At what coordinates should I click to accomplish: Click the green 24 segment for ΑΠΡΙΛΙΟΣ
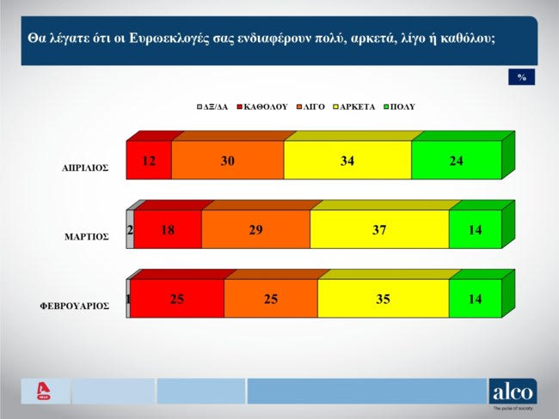pyautogui.click(x=456, y=160)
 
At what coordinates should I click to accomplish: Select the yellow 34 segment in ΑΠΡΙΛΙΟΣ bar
pyautogui.click(x=347, y=160)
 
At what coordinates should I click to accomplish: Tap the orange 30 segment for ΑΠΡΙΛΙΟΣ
pyautogui.click(x=227, y=160)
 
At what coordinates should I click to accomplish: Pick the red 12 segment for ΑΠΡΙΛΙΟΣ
pyautogui.click(x=149, y=160)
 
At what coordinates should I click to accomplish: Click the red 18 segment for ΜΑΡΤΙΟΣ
pyautogui.click(x=168, y=229)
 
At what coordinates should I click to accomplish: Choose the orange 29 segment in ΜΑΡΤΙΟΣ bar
pyautogui.click(x=255, y=229)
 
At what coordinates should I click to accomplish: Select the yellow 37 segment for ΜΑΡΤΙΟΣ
pyautogui.click(x=379, y=229)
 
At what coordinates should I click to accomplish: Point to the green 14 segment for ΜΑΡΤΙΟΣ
pyautogui.click(x=475, y=229)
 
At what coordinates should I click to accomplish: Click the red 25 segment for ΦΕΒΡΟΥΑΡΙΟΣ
pyautogui.click(x=177, y=298)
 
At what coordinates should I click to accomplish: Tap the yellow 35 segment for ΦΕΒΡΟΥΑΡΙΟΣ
pyautogui.click(x=383, y=298)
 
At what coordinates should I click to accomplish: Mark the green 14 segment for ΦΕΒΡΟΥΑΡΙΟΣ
pyautogui.click(x=475, y=298)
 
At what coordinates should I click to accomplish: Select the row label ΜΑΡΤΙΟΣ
pyautogui.click(x=88, y=237)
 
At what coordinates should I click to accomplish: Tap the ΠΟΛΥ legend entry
pyautogui.click(x=402, y=107)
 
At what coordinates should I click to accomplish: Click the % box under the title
pyautogui.click(x=521, y=77)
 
